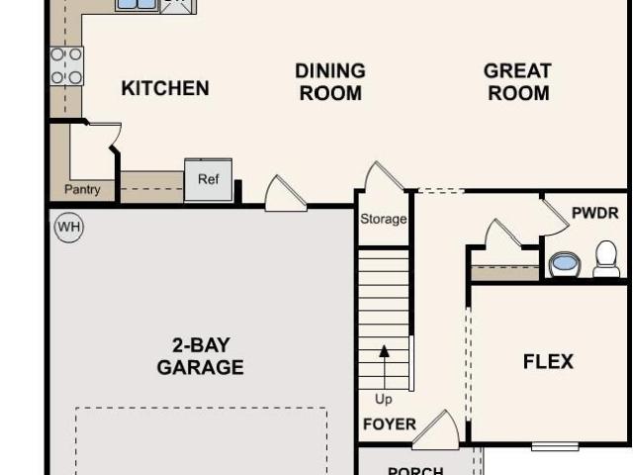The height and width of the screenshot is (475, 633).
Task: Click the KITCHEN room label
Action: [x=165, y=88]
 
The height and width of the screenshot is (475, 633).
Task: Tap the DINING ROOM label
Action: [x=330, y=82]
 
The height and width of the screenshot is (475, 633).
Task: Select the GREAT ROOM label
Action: [x=518, y=82]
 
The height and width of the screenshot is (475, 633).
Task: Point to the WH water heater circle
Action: [x=69, y=227]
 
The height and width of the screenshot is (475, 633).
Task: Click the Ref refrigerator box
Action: [x=209, y=180]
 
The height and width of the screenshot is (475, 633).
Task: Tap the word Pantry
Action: [x=82, y=189]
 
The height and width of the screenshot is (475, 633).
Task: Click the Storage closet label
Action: [x=383, y=219]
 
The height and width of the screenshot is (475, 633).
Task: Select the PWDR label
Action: [x=595, y=213]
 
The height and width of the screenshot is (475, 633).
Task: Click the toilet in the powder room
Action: [x=606, y=259]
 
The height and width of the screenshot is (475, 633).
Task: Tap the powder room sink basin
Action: [x=564, y=264]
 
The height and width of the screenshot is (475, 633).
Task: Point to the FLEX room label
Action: [x=548, y=361]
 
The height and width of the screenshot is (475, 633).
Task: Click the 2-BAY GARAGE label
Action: [x=200, y=356]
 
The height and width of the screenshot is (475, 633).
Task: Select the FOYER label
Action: [x=390, y=425]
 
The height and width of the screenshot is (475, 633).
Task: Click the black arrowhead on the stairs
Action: [x=385, y=351]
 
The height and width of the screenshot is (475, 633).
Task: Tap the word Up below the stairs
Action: [x=383, y=399]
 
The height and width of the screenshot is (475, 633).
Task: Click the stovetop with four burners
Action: [x=66, y=66]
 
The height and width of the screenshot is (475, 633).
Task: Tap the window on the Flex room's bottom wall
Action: [x=555, y=446]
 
